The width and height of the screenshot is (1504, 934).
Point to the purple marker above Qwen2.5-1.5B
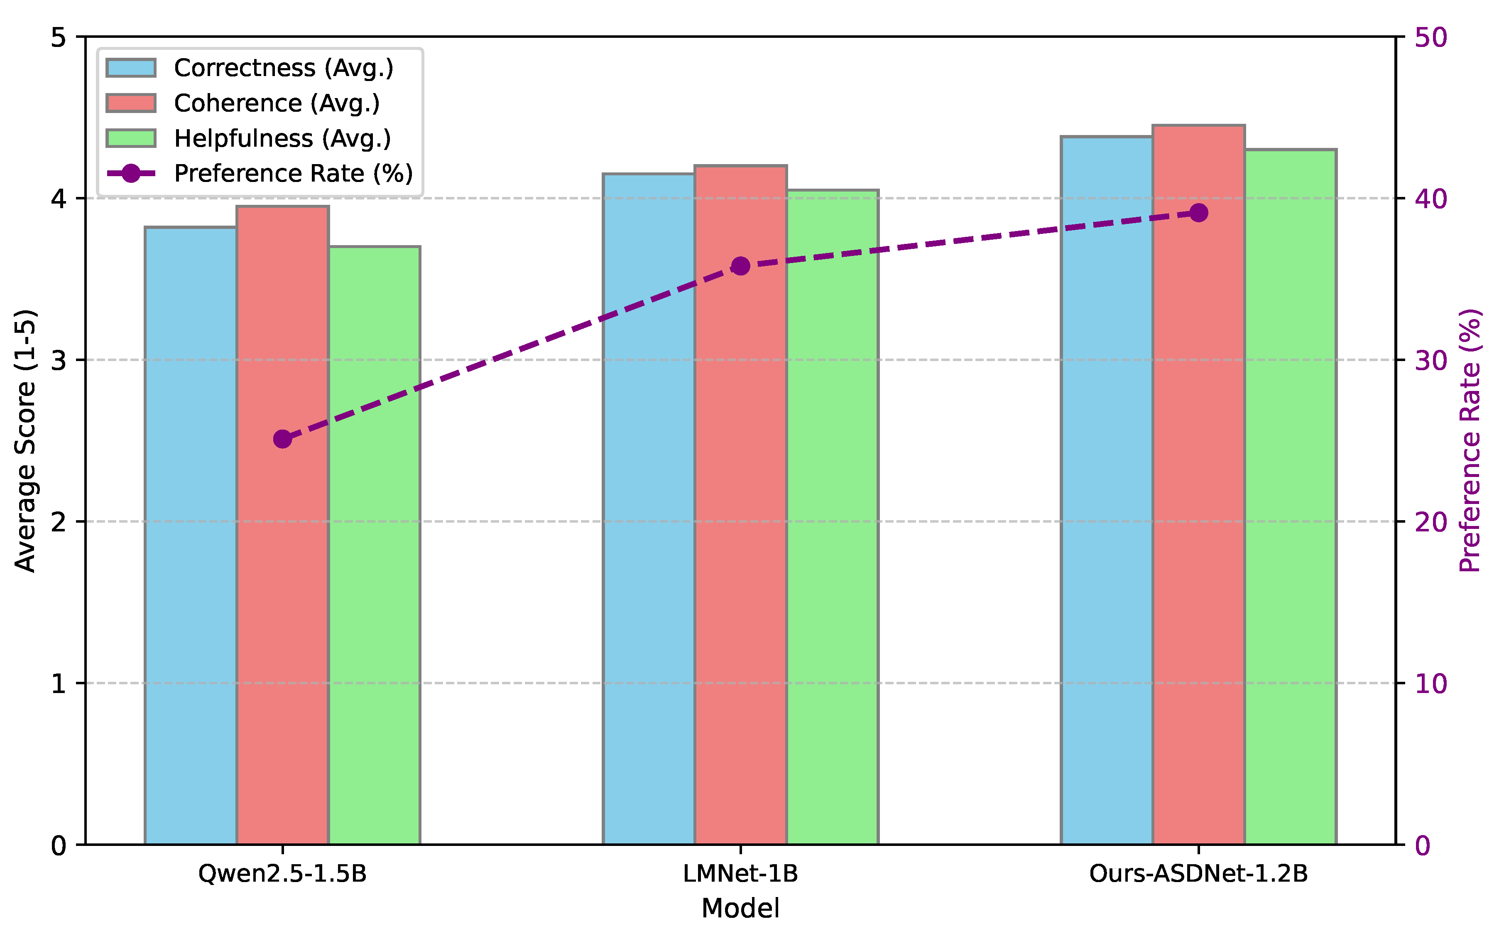(282, 439)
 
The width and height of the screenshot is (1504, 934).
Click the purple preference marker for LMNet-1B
(740, 266)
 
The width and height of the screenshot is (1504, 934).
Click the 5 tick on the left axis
(59, 37)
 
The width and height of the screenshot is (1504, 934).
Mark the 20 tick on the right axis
(1431, 522)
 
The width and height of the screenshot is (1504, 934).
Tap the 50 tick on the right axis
(1431, 37)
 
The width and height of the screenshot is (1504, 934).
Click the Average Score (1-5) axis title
(25, 440)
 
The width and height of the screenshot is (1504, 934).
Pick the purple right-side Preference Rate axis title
(1470, 440)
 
